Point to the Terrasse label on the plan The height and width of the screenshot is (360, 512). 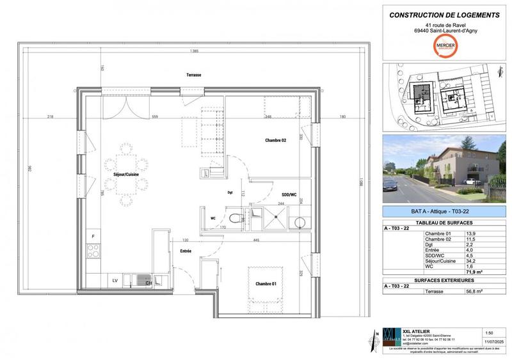[x=194, y=75]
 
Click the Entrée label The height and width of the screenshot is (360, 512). [x=186, y=251]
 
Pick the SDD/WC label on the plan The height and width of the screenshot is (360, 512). [x=289, y=194]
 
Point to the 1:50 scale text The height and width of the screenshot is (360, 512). [x=489, y=333]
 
